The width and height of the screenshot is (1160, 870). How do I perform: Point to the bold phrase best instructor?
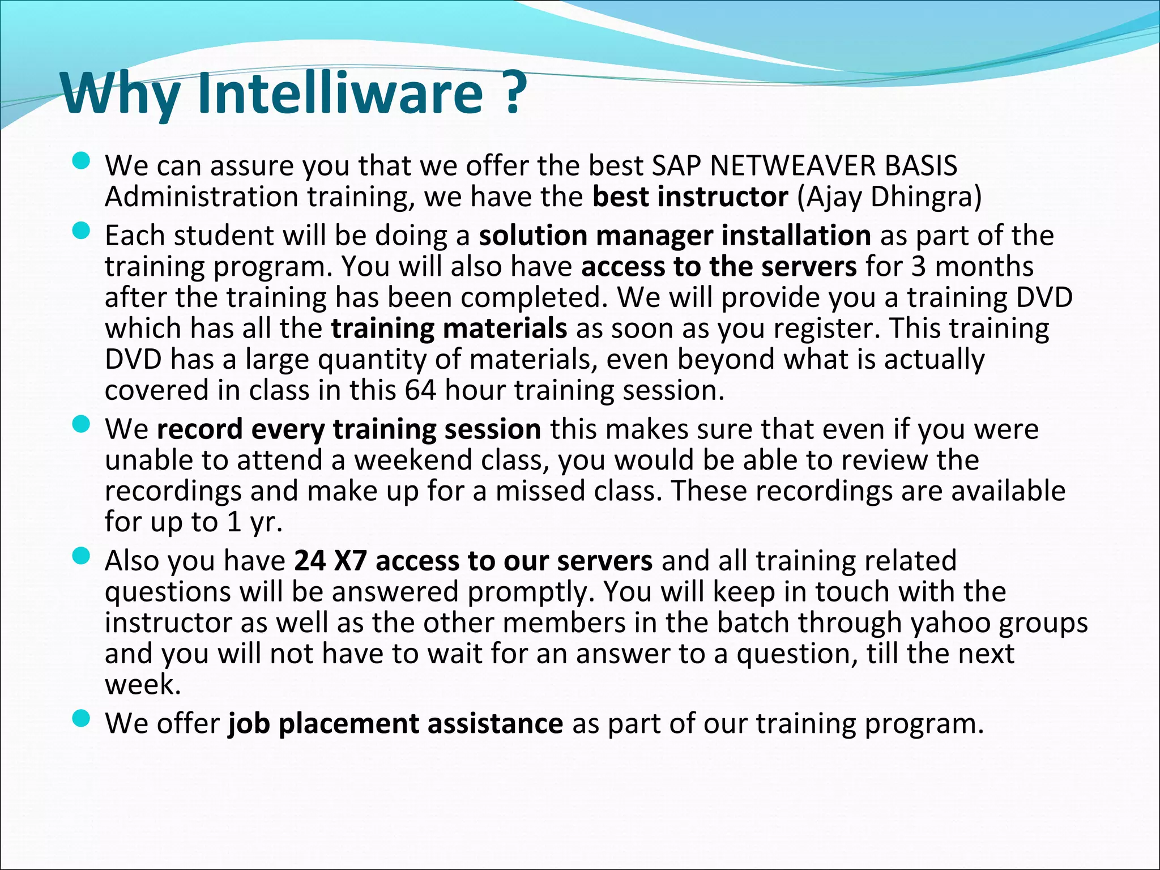[690, 197]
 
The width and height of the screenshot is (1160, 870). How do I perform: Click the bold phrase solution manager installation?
[675, 235]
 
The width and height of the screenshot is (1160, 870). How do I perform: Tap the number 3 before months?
[918, 266]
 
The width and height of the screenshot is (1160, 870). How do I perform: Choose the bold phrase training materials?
[449, 328]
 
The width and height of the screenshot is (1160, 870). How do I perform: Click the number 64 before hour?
[420, 390]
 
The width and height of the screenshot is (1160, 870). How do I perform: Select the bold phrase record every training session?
[348, 429]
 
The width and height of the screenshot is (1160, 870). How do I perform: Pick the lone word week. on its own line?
[143, 684]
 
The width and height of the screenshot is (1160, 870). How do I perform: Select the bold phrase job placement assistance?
[395, 723]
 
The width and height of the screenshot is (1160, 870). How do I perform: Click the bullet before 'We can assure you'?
[82, 161]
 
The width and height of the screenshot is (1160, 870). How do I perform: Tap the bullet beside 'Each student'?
[82, 231]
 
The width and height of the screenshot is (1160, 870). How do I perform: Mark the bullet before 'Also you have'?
[82, 556]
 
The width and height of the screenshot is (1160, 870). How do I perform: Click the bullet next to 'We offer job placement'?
[82, 719]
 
